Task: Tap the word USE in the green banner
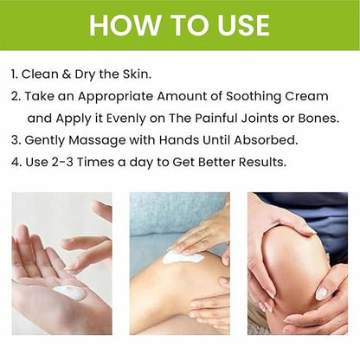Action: (243, 25)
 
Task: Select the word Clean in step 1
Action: (40, 74)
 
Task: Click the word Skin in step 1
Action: (137, 74)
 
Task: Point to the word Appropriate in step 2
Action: (116, 97)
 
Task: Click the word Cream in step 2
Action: (307, 96)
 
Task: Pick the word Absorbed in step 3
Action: (266, 140)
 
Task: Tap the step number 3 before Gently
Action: (15, 140)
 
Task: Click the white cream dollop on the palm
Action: (69, 292)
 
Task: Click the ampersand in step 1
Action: (67, 74)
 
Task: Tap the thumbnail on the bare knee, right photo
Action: (321, 293)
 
